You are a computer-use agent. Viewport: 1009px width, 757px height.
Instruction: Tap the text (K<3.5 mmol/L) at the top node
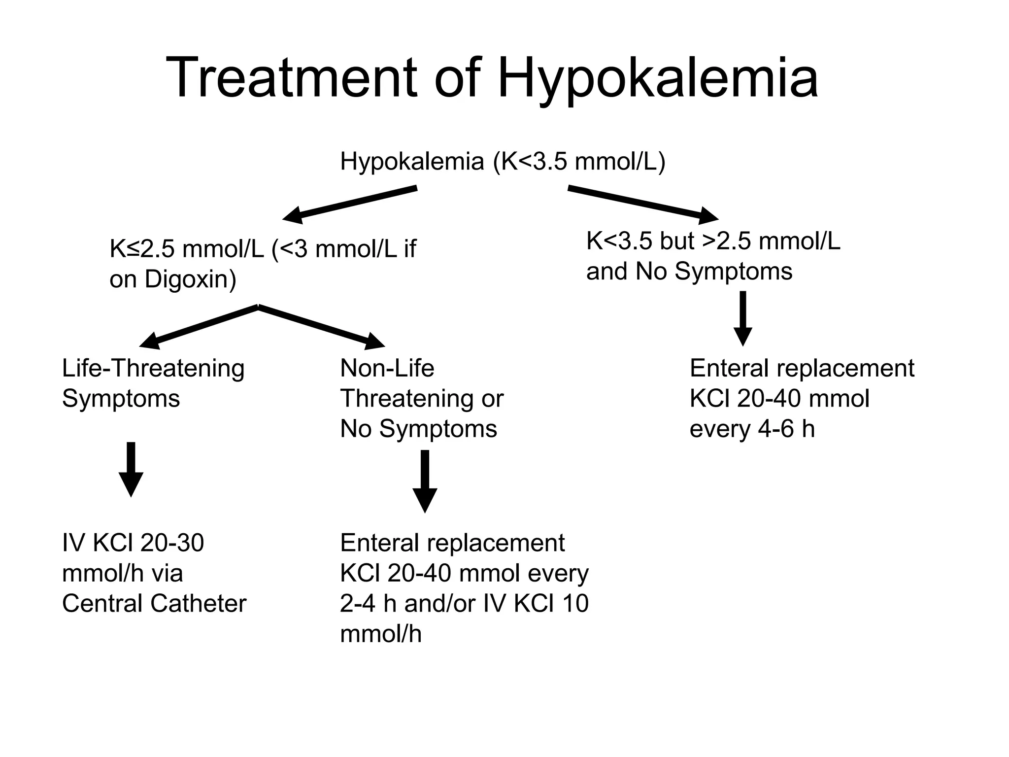coord(579,161)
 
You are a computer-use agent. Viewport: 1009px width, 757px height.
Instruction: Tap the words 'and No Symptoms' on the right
coord(689,271)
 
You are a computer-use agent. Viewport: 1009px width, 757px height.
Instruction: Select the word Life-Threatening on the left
coord(153,368)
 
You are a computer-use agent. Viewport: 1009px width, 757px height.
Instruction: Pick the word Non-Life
coord(387,368)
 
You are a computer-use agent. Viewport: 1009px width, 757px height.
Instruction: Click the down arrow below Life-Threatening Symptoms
coord(131,469)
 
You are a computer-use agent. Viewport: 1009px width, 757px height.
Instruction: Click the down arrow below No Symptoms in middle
coord(425,481)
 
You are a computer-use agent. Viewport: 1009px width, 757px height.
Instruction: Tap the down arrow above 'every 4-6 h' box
coord(742,318)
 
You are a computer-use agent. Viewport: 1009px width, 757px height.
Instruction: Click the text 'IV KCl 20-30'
coord(133,543)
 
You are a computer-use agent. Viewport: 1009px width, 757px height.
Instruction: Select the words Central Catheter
coord(154,603)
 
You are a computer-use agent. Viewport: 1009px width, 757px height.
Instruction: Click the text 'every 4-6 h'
coord(752,429)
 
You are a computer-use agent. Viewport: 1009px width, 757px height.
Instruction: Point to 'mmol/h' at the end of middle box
coord(380,634)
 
